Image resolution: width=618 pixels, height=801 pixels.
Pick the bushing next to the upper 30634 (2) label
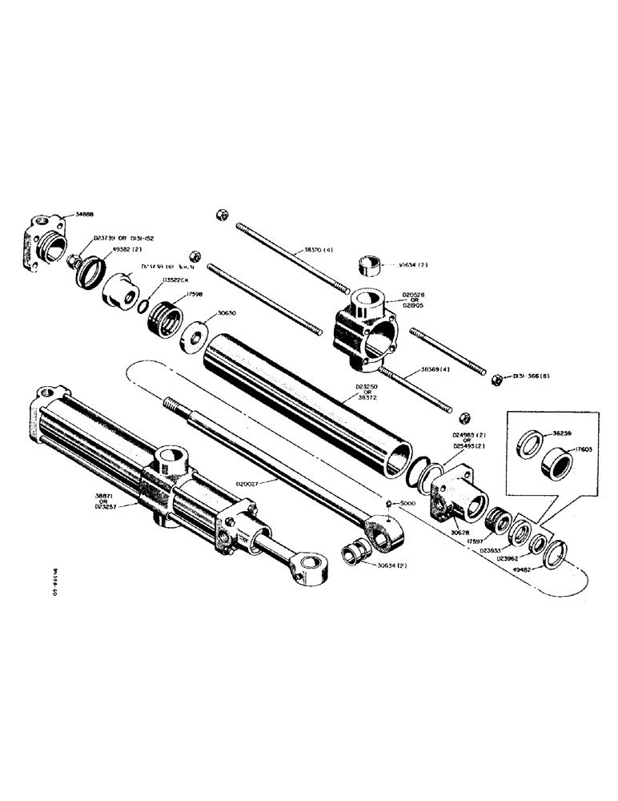point(369,264)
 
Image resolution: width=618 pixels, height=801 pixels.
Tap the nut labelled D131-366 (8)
point(496,378)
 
